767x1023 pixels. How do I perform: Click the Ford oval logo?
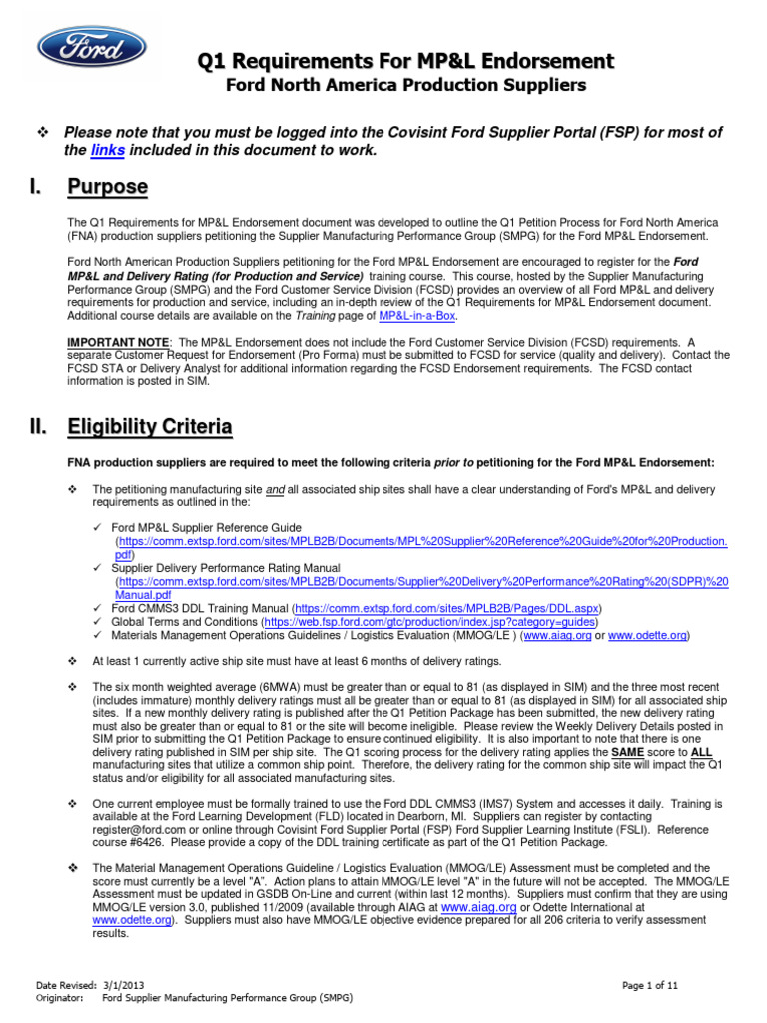tap(91, 48)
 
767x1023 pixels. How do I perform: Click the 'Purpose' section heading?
tap(108, 187)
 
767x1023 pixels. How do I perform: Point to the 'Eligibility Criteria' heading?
tap(150, 428)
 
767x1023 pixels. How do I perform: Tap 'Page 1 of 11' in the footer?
tap(650, 985)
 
